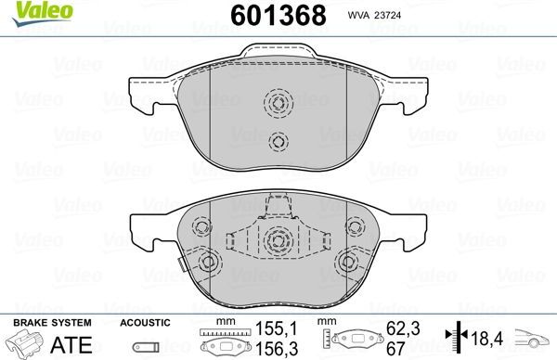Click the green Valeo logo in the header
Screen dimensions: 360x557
click(x=27, y=10)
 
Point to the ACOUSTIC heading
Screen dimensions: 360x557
click(x=145, y=322)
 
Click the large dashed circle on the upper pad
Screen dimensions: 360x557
click(x=277, y=104)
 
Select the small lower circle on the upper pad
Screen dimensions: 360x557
click(x=277, y=141)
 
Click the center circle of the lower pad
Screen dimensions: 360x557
click(x=277, y=241)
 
